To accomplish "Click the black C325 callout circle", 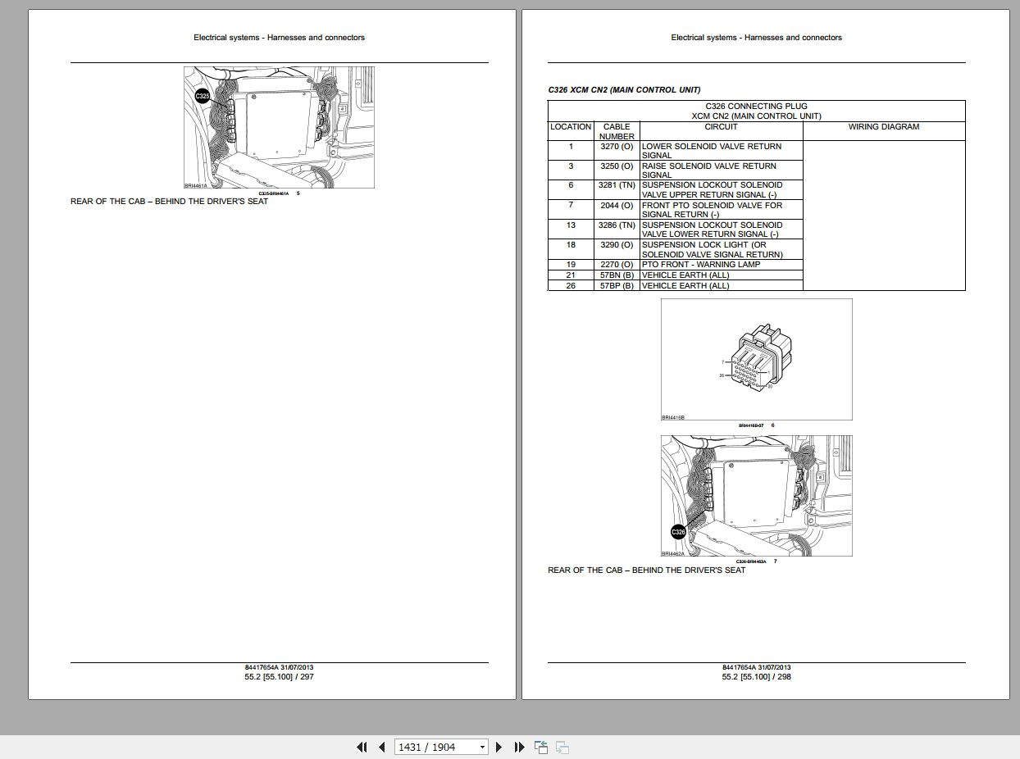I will click(203, 98).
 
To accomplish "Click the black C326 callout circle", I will click(678, 532).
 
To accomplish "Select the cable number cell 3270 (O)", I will click(617, 147).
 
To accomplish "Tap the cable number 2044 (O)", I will click(617, 206).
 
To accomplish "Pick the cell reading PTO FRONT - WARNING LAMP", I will click(701, 265).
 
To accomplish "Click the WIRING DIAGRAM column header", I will click(883, 127).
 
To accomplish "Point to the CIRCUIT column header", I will click(721, 127).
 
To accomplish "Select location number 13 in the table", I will click(571, 225).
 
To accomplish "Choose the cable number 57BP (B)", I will click(617, 286).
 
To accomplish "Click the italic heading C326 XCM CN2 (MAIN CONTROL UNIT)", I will click(624, 89).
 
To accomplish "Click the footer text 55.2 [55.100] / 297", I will click(279, 677).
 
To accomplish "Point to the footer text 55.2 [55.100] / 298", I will click(757, 677).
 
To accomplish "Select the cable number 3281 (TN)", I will click(617, 186).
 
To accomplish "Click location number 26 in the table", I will click(571, 286).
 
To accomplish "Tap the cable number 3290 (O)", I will click(617, 245).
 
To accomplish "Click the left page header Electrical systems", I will click(279, 37).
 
